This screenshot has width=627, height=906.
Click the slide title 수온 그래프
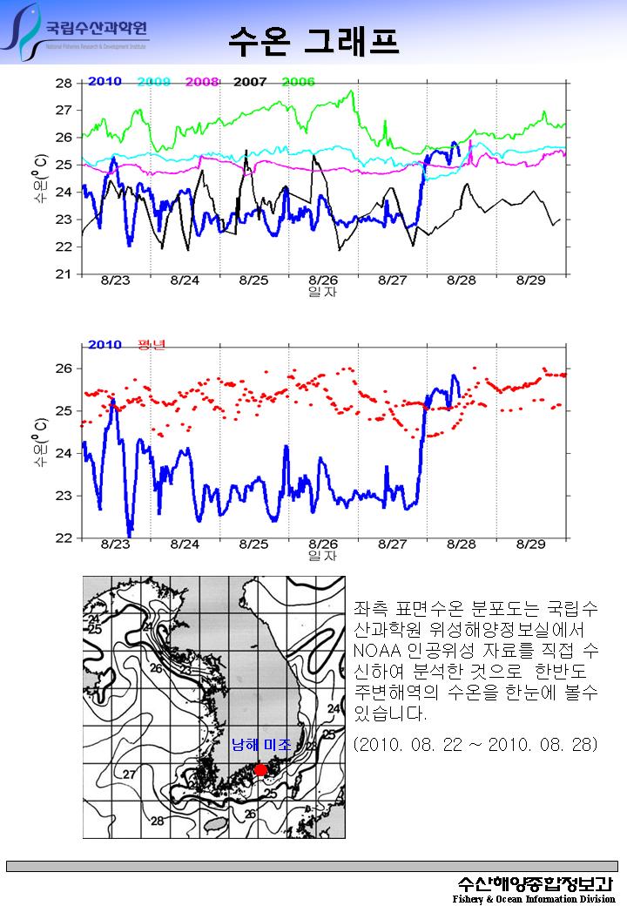click(313, 40)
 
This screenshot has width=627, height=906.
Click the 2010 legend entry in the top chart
click(104, 81)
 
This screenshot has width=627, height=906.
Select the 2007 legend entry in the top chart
click(250, 81)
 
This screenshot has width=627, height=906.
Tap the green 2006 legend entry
click(298, 81)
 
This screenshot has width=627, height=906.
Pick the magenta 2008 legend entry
click(201, 81)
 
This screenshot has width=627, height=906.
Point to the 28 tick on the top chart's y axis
click(64, 84)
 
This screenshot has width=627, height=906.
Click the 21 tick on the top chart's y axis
click(64, 274)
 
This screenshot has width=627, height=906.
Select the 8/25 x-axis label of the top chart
click(253, 281)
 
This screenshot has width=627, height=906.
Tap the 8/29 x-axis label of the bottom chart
click(530, 544)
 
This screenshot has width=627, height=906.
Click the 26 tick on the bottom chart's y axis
click(64, 368)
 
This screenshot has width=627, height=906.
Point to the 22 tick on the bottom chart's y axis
click(64, 538)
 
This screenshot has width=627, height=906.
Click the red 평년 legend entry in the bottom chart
click(152, 344)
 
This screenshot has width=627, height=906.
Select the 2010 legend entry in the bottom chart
click(104, 344)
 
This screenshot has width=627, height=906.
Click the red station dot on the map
click(260, 770)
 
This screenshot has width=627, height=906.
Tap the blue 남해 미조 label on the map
click(261, 746)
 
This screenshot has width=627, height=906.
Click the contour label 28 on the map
click(158, 821)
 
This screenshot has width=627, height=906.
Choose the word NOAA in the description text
click(375, 651)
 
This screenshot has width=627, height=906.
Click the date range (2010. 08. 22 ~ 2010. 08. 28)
click(476, 746)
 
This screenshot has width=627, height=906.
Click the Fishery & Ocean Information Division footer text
click(533, 898)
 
